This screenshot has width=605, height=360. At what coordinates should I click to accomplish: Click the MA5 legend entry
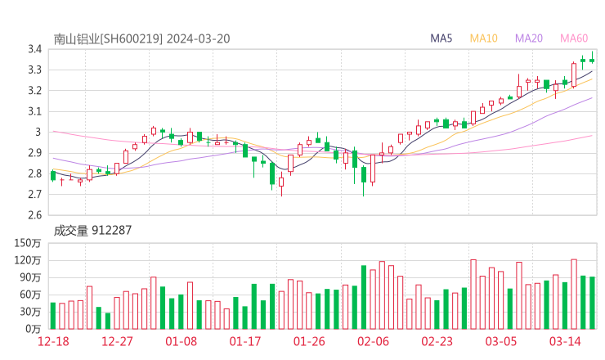click(x=441, y=38)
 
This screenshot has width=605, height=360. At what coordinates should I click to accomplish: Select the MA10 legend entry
click(x=483, y=38)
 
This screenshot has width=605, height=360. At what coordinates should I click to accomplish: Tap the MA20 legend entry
click(x=528, y=38)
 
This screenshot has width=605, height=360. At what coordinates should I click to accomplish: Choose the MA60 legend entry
click(x=574, y=38)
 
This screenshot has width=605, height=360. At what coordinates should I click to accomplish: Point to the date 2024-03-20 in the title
click(x=199, y=38)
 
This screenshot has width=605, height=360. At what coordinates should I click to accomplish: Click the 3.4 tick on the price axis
click(x=34, y=49)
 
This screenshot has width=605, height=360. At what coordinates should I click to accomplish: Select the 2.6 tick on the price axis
click(x=34, y=215)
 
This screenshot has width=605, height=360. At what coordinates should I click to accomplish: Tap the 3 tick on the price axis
click(x=38, y=133)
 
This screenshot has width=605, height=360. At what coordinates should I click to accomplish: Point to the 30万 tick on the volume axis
click(x=30, y=311)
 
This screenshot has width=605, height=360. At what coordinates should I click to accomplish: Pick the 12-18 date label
click(x=53, y=341)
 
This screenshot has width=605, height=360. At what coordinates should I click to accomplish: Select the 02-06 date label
click(x=373, y=341)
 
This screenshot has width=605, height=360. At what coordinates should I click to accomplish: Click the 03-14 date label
click(x=565, y=341)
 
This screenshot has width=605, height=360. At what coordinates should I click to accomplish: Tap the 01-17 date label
click(x=244, y=341)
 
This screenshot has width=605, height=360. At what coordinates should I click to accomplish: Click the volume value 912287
click(x=111, y=231)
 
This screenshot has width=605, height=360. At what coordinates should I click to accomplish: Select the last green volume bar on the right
click(x=592, y=303)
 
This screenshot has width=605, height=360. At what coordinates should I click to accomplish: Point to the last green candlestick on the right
click(x=592, y=59)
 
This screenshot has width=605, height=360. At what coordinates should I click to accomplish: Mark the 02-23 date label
click(x=437, y=341)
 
